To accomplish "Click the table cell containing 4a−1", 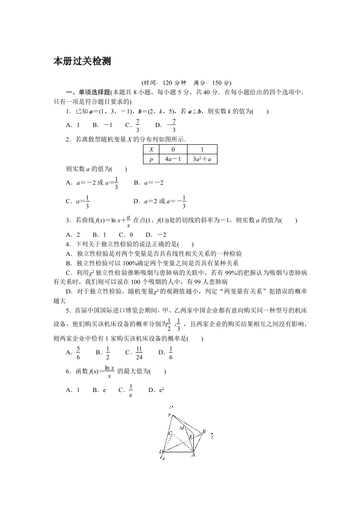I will click(x=173, y=159).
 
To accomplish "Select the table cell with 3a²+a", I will click(x=202, y=159).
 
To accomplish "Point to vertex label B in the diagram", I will click(x=204, y=431).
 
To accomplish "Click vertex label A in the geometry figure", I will click(x=193, y=455).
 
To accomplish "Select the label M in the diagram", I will click(x=182, y=428).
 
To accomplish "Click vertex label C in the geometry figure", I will click(x=170, y=434).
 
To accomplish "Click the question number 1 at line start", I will click(x=68, y=111).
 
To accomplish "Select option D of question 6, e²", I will click(x=161, y=390).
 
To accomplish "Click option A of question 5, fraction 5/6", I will click(x=78, y=352).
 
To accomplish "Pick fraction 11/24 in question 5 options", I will click(x=139, y=352).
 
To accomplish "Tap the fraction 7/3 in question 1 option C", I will click(x=138, y=125).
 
